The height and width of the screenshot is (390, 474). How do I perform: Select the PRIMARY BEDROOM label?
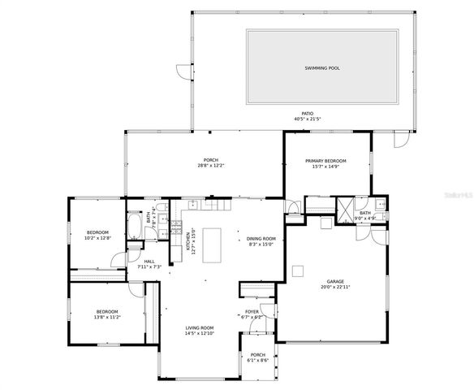325,161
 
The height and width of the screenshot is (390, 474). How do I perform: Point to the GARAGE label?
335,281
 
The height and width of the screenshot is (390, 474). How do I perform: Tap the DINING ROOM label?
261,239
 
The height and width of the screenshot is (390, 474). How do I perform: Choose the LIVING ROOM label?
200,327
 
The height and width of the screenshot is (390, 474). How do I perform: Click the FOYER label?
252,311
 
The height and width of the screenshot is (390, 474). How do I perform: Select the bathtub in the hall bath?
134,227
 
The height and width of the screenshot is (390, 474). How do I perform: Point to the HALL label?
149,261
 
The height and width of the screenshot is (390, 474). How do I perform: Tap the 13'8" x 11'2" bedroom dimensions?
108,317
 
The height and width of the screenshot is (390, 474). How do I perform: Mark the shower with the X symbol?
346,210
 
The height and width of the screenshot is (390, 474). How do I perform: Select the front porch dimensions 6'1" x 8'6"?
257,360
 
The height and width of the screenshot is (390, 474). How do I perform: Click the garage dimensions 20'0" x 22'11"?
335,287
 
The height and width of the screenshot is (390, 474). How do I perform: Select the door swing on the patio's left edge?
185,71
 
